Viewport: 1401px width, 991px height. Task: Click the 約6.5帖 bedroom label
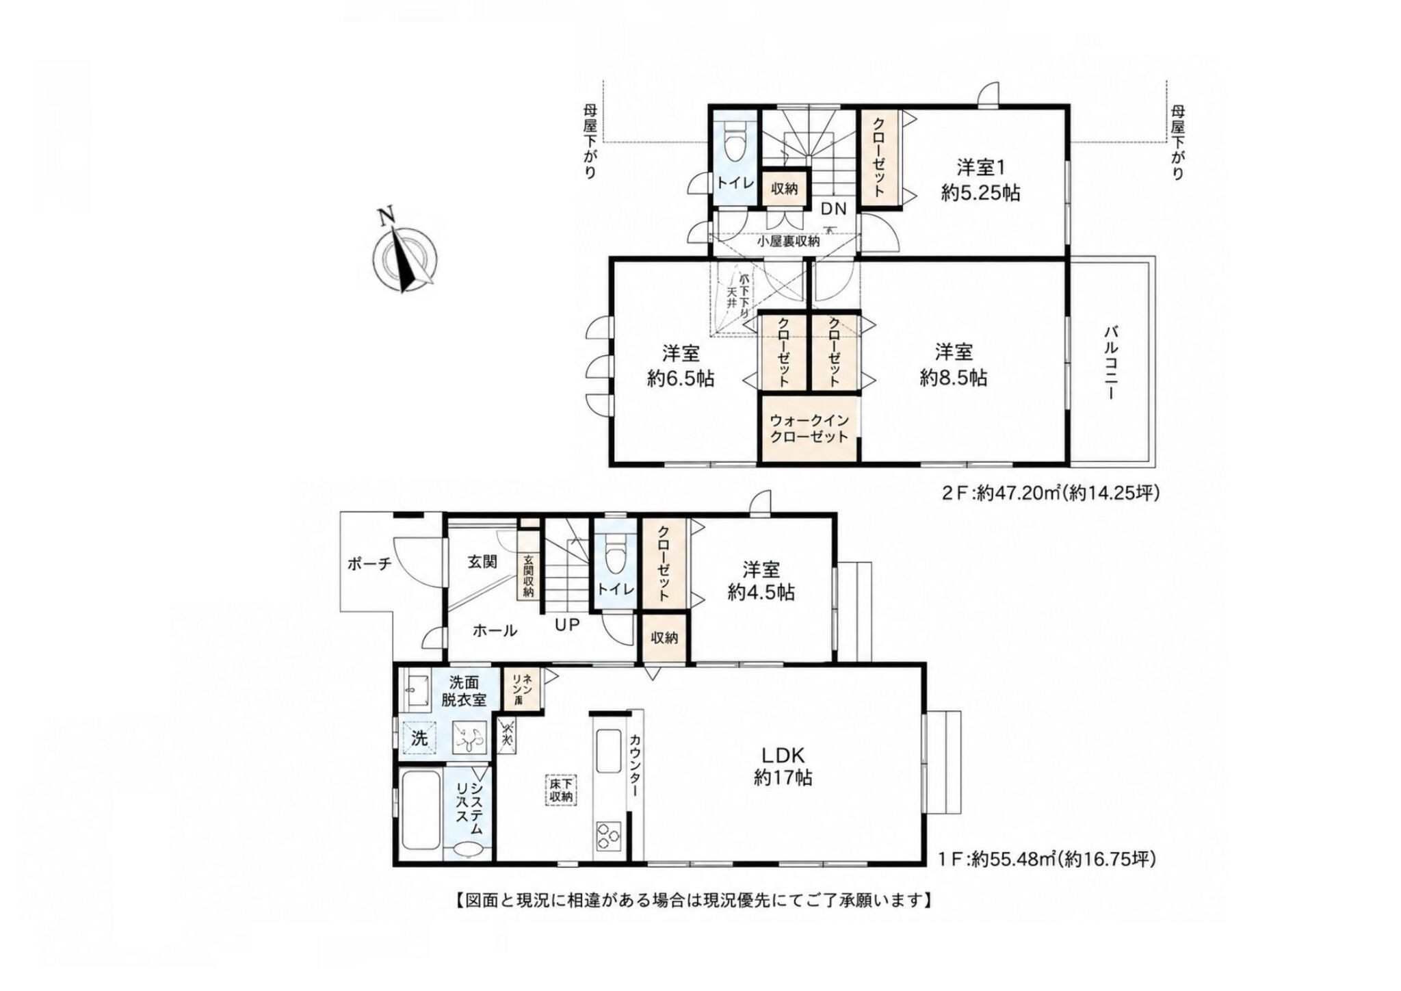[x=681, y=365]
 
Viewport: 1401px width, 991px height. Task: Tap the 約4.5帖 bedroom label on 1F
[x=761, y=580]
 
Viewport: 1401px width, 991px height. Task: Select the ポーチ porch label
[x=369, y=564]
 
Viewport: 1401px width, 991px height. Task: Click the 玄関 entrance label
[x=482, y=561]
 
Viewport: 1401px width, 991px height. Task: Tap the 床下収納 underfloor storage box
[x=562, y=790]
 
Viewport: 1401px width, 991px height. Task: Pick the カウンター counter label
[x=635, y=765]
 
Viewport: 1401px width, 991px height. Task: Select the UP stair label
[x=567, y=625]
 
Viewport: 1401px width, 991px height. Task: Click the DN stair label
[x=833, y=209]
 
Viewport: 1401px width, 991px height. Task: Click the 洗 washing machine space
[x=419, y=738]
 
